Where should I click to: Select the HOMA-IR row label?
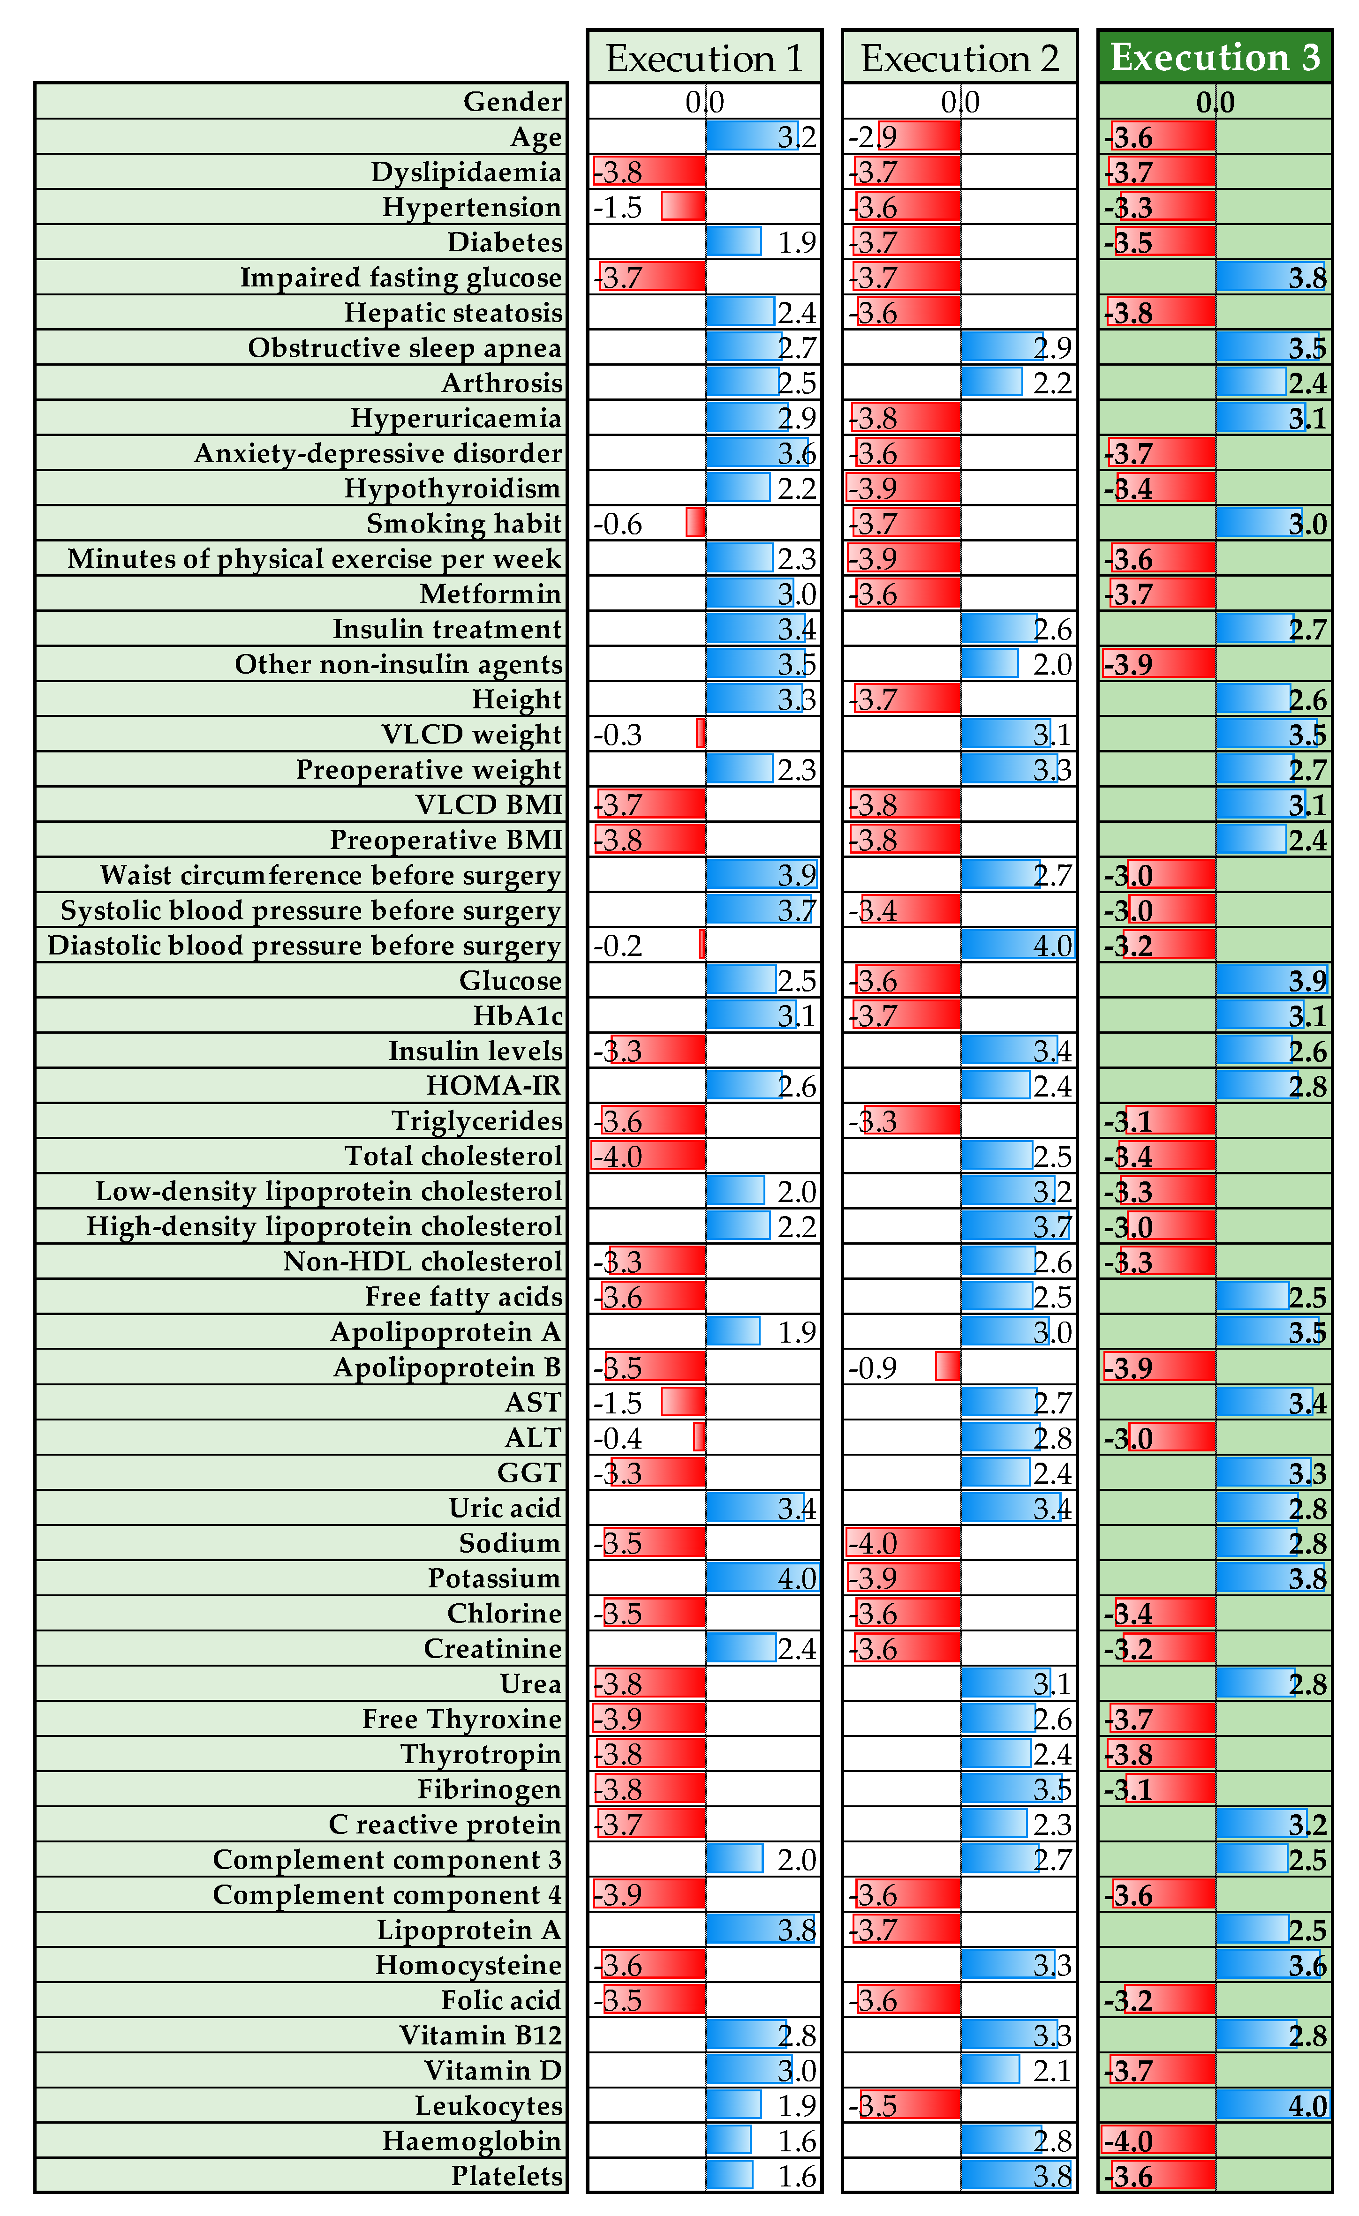494,1086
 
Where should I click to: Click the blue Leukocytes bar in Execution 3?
1273,2105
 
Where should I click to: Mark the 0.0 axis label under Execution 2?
959,102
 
